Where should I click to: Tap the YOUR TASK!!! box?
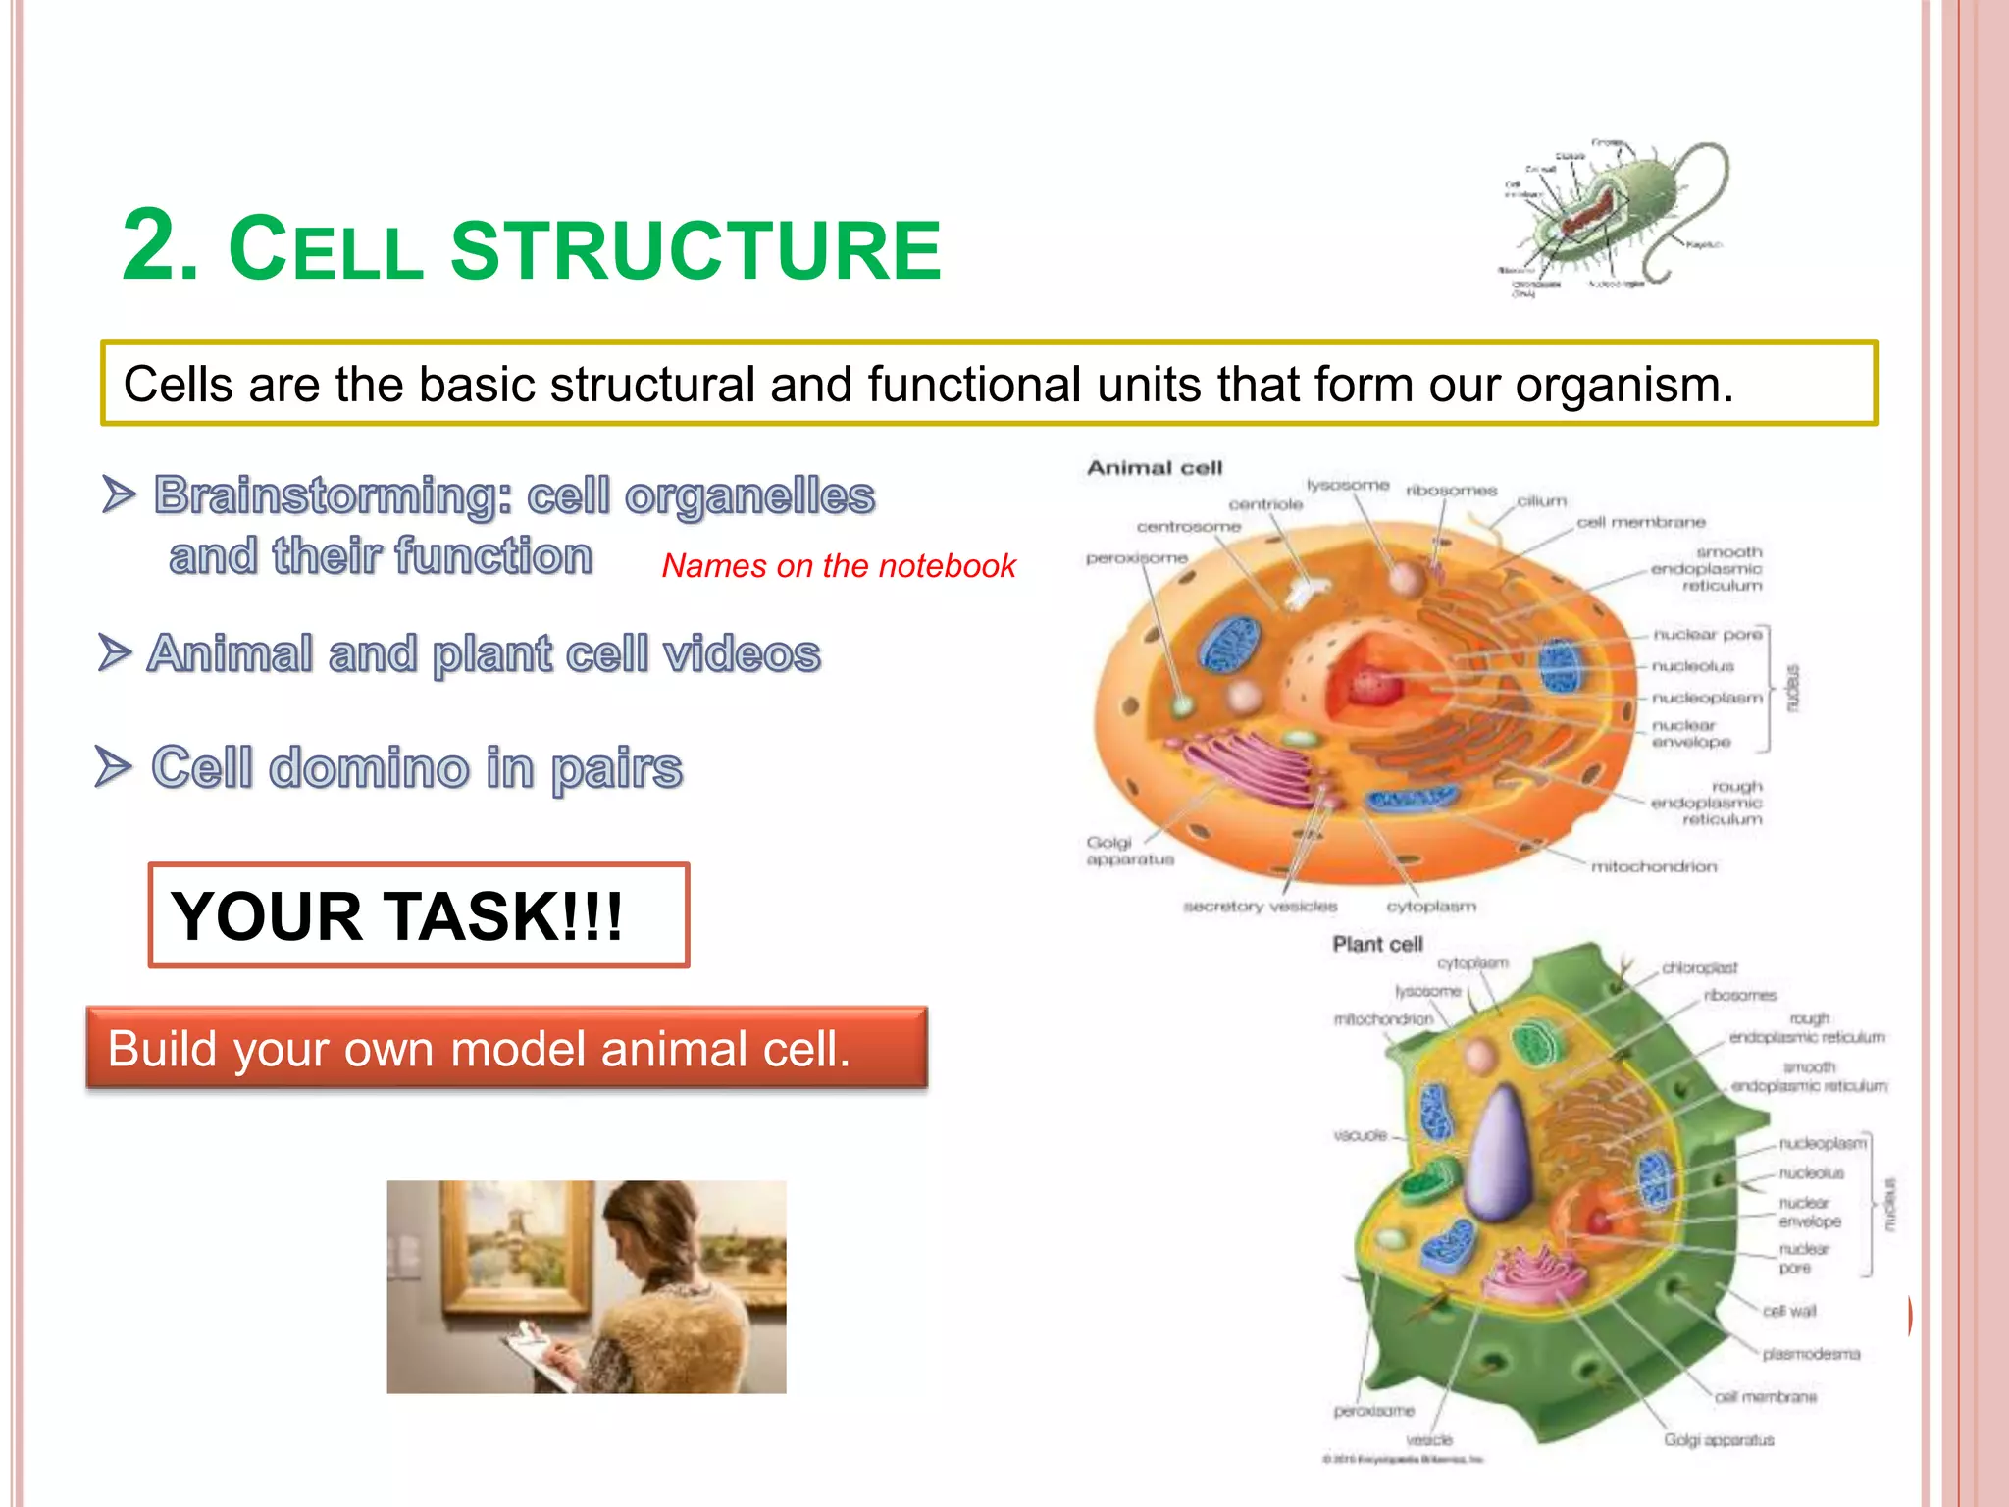tap(418, 915)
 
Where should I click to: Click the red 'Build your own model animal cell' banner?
tap(506, 1049)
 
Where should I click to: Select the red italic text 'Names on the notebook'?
tap(839, 566)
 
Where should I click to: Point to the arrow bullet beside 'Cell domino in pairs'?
tap(114, 766)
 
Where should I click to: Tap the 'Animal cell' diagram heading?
tap(1155, 468)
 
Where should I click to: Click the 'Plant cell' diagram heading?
tap(1376, 944)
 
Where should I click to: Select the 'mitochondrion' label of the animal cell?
tap(1654, 866)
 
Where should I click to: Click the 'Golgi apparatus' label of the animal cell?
tap(1128, 851)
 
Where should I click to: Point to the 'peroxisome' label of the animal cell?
tap(1136, 558)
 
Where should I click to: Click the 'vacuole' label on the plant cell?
tap(1360, 1135)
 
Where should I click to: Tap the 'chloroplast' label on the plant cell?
tap(1699, 967)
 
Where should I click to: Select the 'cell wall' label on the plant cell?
tap(1789, 1311)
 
